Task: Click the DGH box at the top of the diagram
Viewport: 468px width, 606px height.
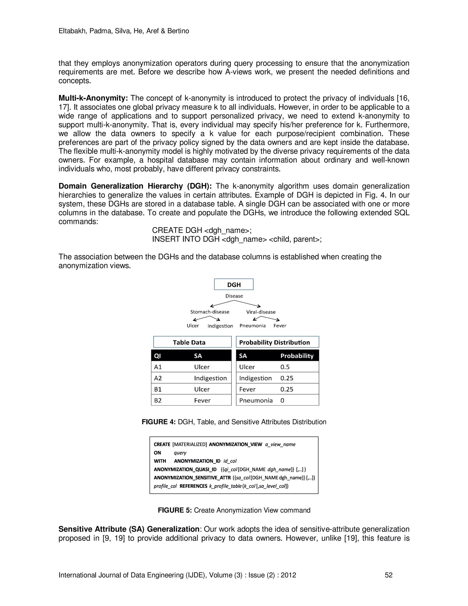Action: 234,284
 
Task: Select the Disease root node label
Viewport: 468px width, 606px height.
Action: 234,296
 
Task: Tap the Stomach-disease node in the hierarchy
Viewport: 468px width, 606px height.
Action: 210,312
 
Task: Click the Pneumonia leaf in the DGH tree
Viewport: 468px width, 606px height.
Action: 252,326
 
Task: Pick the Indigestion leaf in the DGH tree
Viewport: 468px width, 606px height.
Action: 220,326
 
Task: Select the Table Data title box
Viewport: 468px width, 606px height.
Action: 192,342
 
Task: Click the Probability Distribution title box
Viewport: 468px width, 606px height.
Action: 277,342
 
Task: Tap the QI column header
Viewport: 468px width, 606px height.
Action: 157,356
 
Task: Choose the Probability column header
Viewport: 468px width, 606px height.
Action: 297,356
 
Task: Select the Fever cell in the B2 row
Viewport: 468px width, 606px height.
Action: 202,400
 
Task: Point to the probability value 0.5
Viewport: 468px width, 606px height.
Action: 285,367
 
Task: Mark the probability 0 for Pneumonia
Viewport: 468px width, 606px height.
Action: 282,400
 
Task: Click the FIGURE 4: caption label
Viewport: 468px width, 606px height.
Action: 159,422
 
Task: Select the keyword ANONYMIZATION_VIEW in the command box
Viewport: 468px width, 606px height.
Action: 235,444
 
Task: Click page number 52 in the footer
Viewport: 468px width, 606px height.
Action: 388,575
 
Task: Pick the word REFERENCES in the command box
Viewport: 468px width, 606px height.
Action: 193,486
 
